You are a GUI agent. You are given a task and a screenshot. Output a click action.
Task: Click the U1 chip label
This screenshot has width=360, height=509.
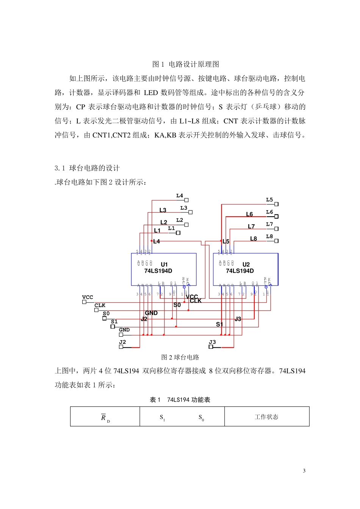click(164, 264)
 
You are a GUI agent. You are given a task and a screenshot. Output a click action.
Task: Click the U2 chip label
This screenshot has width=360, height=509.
click(246, 264)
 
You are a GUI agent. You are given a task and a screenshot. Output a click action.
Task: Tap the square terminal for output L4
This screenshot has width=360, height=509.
click(186, 200)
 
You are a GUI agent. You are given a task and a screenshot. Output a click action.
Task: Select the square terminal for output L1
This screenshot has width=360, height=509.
click(178, 233)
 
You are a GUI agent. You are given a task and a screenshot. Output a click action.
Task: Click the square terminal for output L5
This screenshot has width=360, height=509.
click(277, 204)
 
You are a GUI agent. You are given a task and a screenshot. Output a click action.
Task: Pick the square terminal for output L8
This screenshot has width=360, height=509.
click(277, 241)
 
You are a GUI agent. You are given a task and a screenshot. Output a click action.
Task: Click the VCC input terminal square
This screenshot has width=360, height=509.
click(84, 302)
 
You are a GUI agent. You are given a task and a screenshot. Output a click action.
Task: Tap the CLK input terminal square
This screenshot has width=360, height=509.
click(96, 310)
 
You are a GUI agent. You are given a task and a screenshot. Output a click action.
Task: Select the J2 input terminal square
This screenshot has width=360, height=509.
click(121, 347)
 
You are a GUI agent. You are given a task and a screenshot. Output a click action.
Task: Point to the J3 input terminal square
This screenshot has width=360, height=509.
click(211, 347)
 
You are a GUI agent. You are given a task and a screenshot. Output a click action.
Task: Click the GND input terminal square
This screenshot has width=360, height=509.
click(121, 335)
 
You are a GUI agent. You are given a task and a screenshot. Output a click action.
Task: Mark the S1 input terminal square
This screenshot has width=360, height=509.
click(113, 326)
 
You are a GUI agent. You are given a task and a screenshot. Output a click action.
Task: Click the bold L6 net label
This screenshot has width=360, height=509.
click(249, 214)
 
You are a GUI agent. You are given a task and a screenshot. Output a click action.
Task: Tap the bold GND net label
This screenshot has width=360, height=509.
click(151, 313)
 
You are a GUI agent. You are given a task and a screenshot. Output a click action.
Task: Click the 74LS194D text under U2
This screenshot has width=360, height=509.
click(240, 271)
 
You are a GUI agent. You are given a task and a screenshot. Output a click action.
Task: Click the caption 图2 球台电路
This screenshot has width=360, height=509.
click(180, 357)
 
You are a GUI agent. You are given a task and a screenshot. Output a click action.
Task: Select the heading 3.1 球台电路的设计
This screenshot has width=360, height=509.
click(87, 168)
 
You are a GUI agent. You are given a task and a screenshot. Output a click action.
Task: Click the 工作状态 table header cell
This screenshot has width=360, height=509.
click(266, 417)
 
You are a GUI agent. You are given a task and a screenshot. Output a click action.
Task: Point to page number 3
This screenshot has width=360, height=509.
click(304, 471)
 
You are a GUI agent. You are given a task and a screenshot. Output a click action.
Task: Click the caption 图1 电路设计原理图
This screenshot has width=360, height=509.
click(186, 64)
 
